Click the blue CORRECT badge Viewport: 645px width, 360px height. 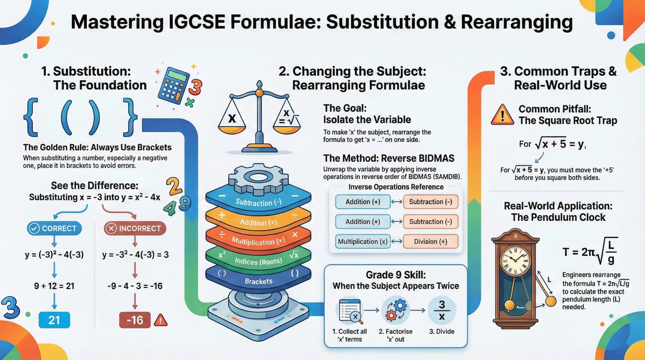(x=54, y=228)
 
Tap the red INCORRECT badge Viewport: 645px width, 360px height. (x=135, y=228)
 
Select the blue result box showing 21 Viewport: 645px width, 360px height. (x=54, y=320)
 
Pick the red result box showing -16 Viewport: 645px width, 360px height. (x=135, y=320)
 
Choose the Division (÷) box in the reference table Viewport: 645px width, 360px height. (x=430, y=242)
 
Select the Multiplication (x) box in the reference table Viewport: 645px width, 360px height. (x=363, y=242)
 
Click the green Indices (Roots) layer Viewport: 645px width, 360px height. (x=258, y=261)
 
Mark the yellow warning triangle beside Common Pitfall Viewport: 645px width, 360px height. (x=502, y=115)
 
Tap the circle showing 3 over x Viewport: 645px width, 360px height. (x=442, y=310)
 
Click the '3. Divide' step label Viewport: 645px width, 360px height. (x=442, y=331)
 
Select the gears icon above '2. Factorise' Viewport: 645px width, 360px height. (x=396, y=310)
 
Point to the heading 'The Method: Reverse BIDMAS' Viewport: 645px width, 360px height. (x=389, y=158)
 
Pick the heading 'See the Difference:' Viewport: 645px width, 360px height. (x=94, y=185)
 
